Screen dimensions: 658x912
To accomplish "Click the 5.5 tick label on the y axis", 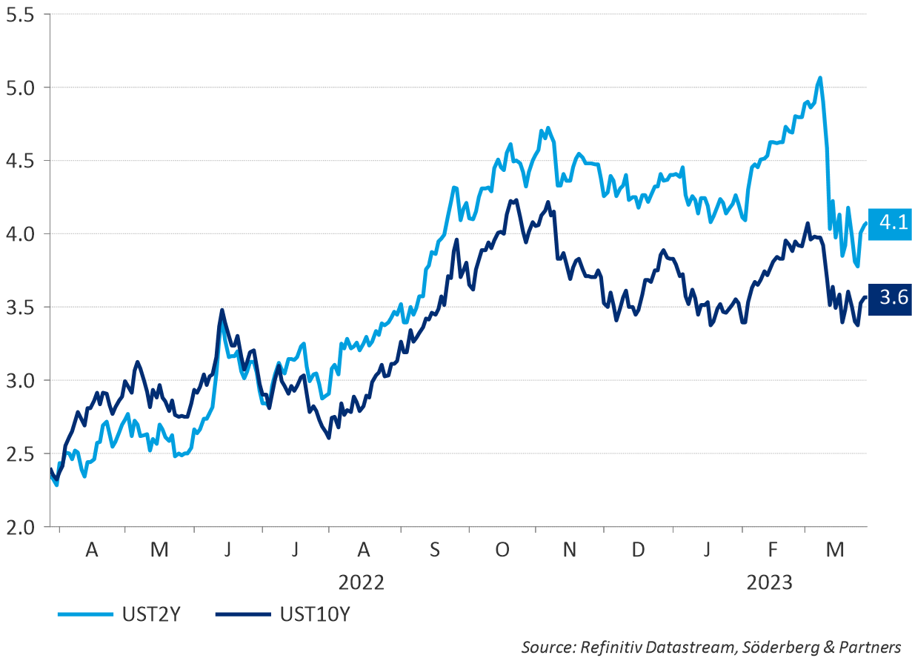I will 20,15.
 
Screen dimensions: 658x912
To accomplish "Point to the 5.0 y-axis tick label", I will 20,87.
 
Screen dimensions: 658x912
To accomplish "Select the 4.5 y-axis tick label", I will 20,161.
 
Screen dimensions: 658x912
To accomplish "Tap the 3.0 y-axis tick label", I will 20,380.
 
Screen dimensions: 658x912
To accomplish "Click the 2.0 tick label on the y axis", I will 20,527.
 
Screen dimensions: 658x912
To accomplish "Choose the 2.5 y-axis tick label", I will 20,453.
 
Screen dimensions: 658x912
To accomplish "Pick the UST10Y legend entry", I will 314,614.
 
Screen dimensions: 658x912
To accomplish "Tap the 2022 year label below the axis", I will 361,582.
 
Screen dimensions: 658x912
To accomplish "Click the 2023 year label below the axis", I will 769,582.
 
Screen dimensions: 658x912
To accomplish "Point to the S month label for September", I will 434,550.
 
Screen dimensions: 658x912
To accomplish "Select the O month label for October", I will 502,550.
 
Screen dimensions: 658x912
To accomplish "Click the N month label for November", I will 570,550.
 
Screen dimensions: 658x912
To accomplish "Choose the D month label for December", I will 638,550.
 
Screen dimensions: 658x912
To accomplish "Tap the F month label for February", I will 773,550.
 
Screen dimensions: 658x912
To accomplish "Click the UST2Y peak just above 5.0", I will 819,77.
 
